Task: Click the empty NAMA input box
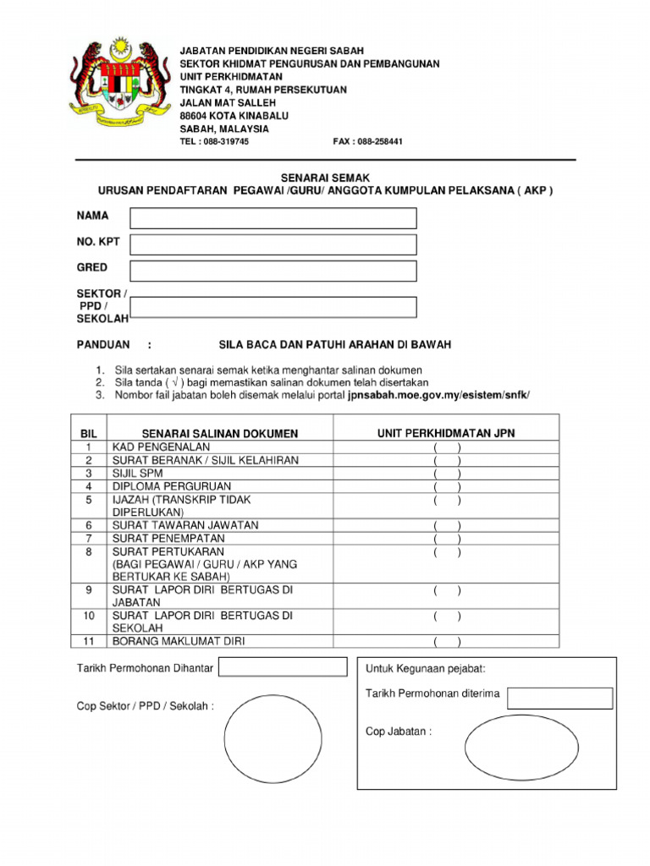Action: click(x=273, y=218)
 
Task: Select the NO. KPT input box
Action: click(x=273, y=244)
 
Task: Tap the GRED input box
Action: click(x=273, y=271)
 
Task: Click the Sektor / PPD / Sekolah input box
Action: click(x=273, y=307)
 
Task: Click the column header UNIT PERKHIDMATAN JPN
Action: click(x=446, y=433)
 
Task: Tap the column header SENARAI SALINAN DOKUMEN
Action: click(x=220, y=434)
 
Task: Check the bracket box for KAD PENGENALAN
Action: click(x=447, y=447)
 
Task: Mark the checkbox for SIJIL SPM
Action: click(x=447, y=474)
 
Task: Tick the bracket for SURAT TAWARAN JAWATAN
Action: click(x=447, y=525)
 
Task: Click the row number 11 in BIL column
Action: click(x=87, y=641)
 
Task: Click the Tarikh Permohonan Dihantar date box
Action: click(x=283, y=667)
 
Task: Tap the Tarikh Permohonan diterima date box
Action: click(x=559, y=698)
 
